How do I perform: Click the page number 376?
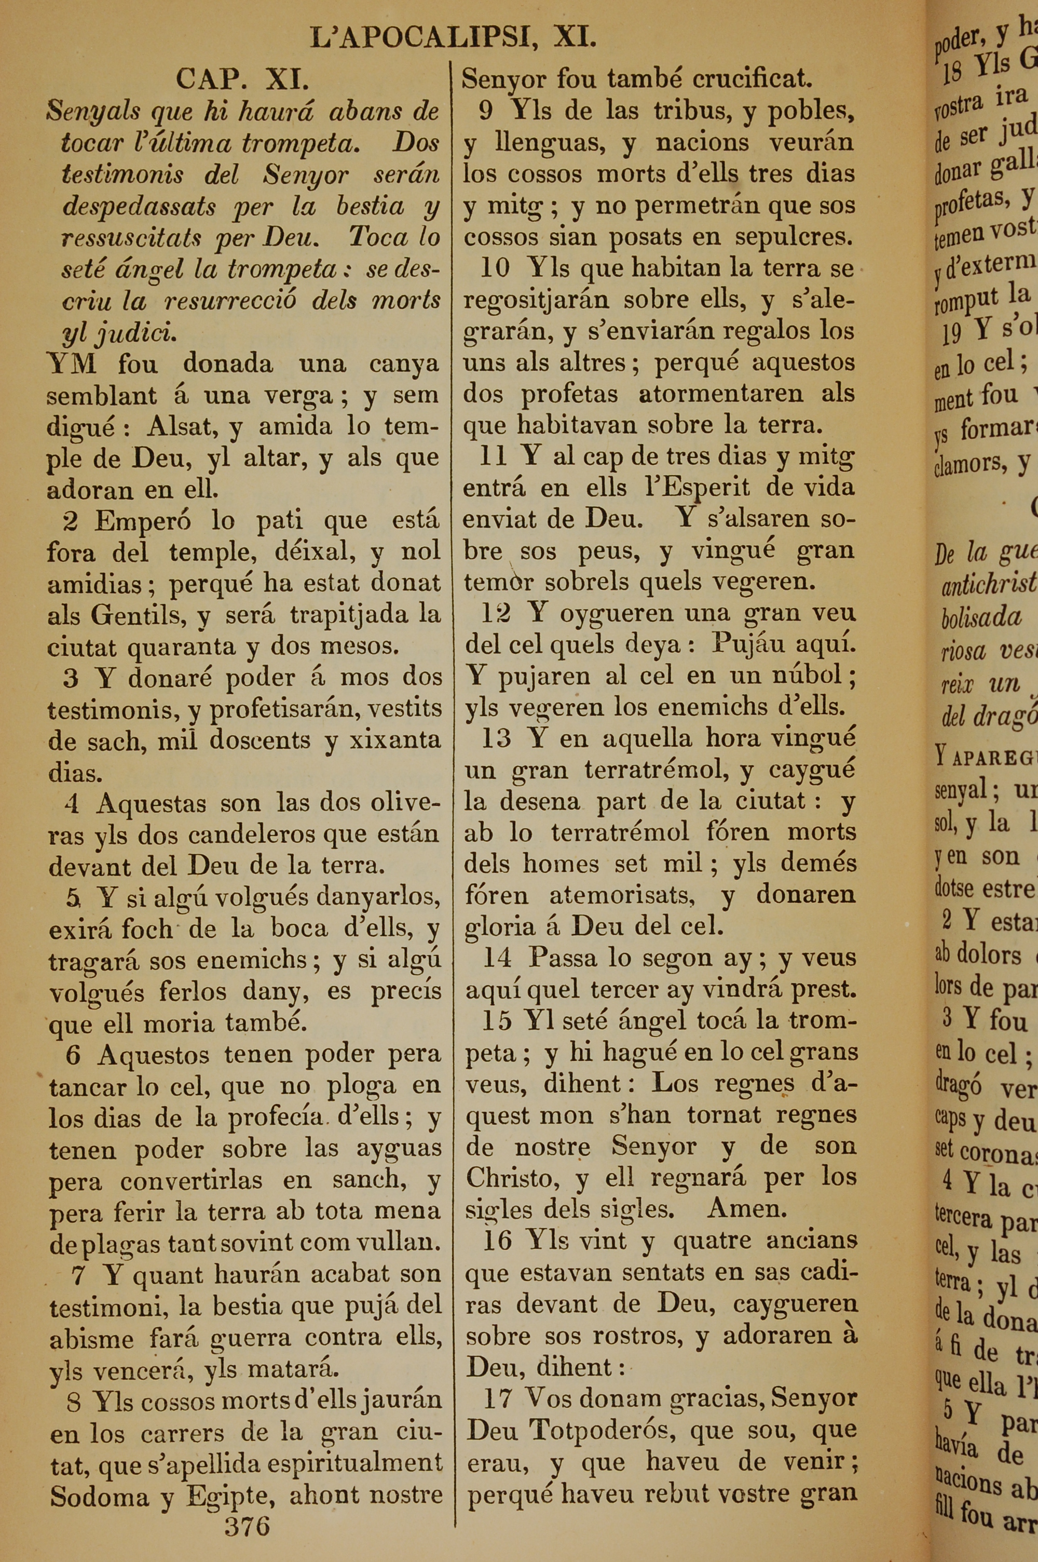[x=247, y=1525]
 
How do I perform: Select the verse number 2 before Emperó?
[x=70, y=521]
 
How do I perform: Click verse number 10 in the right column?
[x=495, y=268]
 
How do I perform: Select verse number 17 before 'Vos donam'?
[x=498, y=1398]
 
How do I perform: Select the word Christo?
[x=509, y=1177]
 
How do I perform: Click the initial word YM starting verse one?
[x=72, y=363]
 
